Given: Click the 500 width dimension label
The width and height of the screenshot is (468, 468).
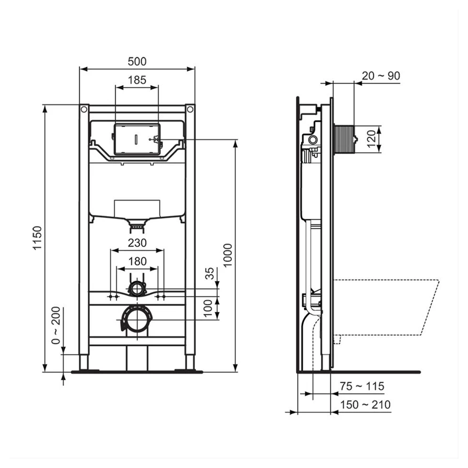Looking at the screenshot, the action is pyautogui.click(x=137, y=62).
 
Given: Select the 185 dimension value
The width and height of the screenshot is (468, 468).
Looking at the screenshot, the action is pyautogui.click(x=137, y=80).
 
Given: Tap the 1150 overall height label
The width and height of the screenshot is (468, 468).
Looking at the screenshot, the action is pyautogui.click(x=37, y=238).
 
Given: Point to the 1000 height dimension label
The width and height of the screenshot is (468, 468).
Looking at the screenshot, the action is pyautogui.click(x=227, y=255).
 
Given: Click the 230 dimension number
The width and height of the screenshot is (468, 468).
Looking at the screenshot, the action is pyautogui.click(x=138, y=243).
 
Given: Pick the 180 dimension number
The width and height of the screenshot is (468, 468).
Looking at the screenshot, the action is pyautogui.click(x=138, y=262).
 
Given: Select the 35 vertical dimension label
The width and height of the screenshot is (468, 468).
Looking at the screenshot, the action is pyautogui.click(x=210, y=273).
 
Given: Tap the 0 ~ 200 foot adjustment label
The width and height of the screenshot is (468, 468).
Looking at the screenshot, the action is pyautogui.click(x=56, y=325).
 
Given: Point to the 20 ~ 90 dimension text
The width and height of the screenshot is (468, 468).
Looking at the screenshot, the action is pyautogui.click(x=381, y=76).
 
